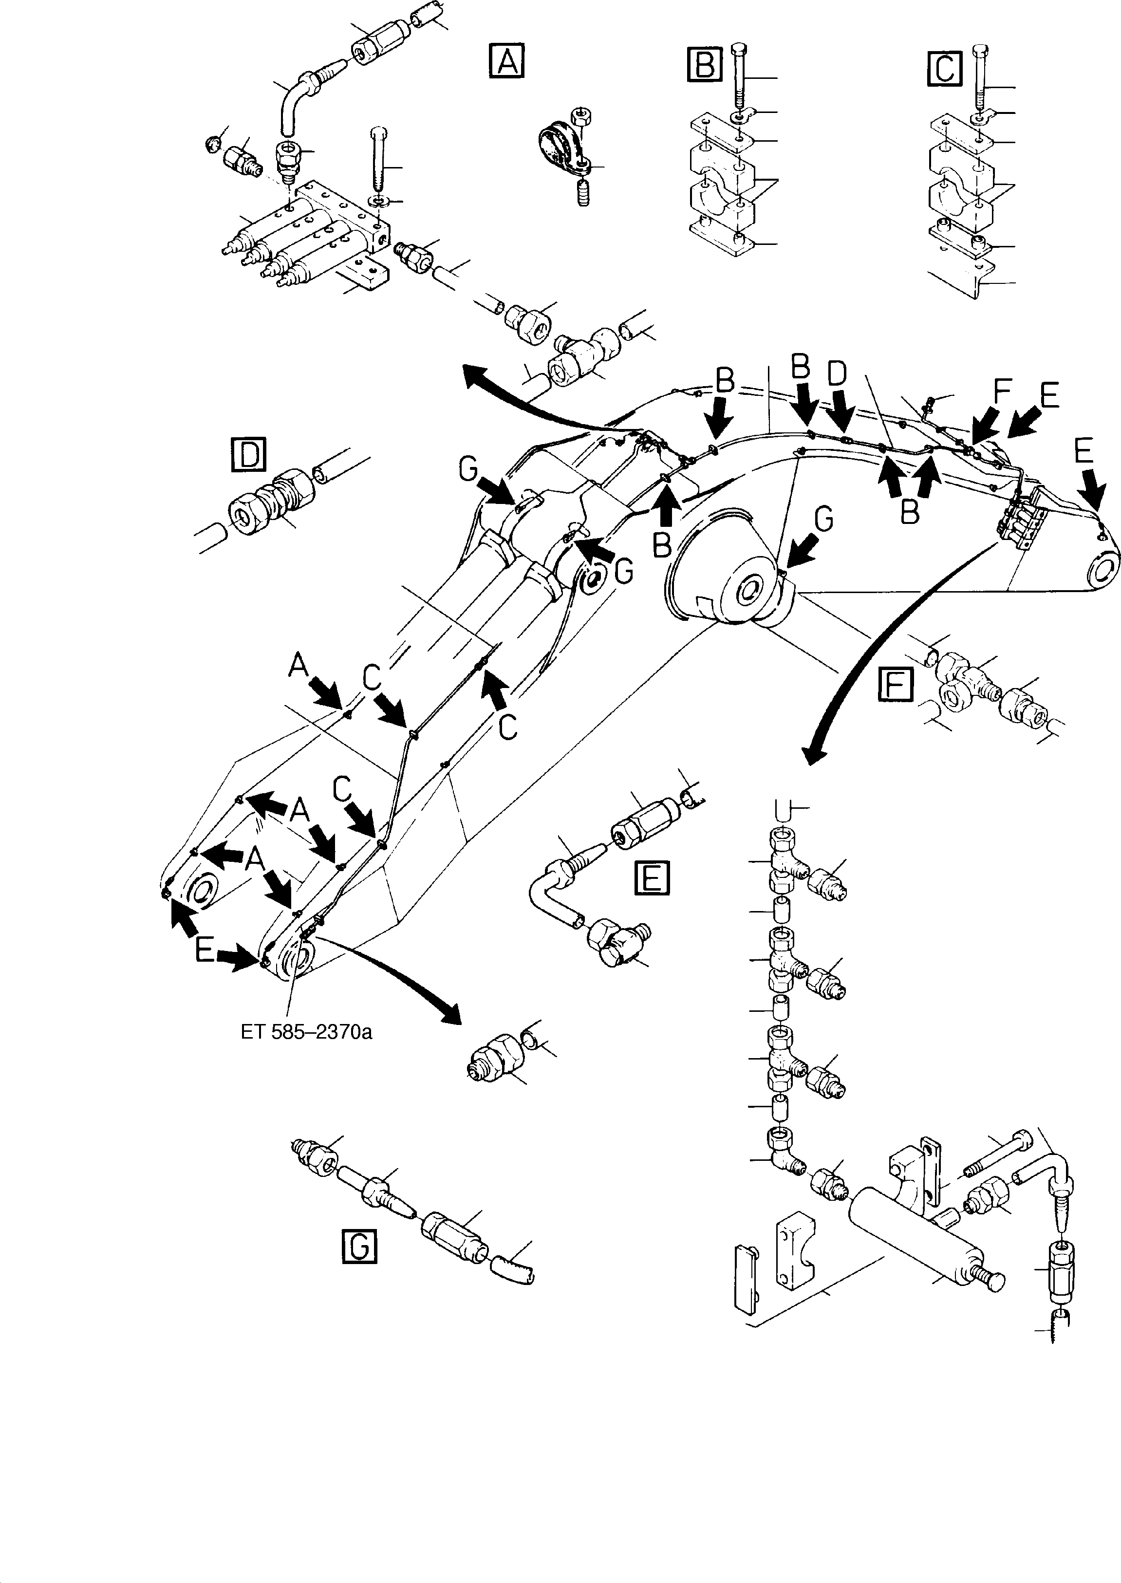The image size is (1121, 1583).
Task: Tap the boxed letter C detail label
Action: [944, 67]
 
